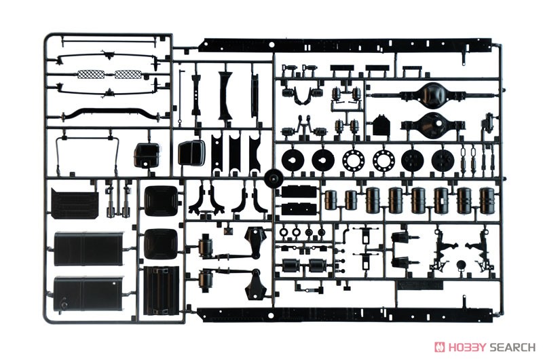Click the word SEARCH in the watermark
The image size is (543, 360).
pyautogui.click(x=512, y=347)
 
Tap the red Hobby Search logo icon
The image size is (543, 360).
pyautogui.click(x=440, y=347)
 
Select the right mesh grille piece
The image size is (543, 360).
pyautogui.click(x=128, y=74)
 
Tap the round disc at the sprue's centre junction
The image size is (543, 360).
pyautogui.click(x=274, y=179)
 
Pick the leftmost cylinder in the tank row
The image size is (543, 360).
pyautogui.click(x=331, y=200)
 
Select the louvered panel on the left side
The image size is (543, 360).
pyautogui.click(x=75, y=203)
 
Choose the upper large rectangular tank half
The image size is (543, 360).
pyautogui.click(x=89, y=249)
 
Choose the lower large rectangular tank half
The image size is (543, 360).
pyautogui.click(x=89, y=294)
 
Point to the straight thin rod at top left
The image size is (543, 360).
pyautogui.click(x=108, y=41)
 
